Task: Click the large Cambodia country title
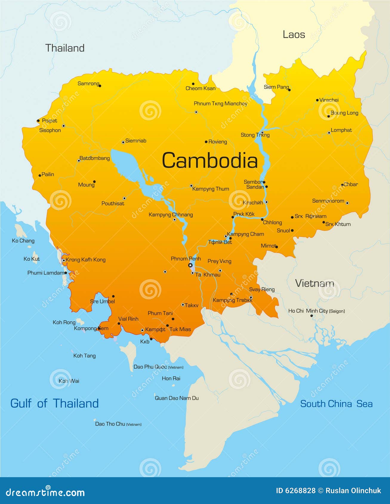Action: [209, 160]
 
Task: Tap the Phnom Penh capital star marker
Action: [190, 265]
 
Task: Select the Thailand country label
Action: [65, 48]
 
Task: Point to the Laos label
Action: [294, 35]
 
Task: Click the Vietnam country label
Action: [315, 283]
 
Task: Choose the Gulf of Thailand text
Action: [55, 403]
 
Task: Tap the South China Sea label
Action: [336, 404]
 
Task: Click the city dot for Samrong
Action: [100, 86]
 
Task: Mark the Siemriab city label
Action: [136, 141]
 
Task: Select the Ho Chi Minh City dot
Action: [312, 316]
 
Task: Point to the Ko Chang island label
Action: [23, 241]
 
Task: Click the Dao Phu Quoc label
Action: [150, 367]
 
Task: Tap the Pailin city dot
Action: [40, 176]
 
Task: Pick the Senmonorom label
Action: [328, 201]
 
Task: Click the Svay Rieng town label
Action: [262, 289]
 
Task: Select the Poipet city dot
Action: [38, 121]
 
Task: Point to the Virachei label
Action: [329, 100]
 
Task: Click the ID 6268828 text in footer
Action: [295, 491]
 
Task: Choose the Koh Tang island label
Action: [84, 356]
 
